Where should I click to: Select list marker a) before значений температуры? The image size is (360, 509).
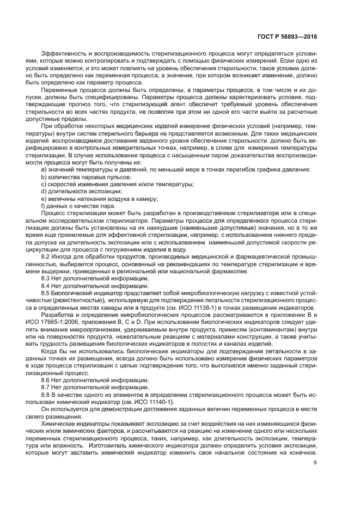44,169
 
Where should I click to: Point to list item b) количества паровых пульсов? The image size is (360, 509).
86,177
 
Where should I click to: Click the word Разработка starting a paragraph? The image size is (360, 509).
58,314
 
